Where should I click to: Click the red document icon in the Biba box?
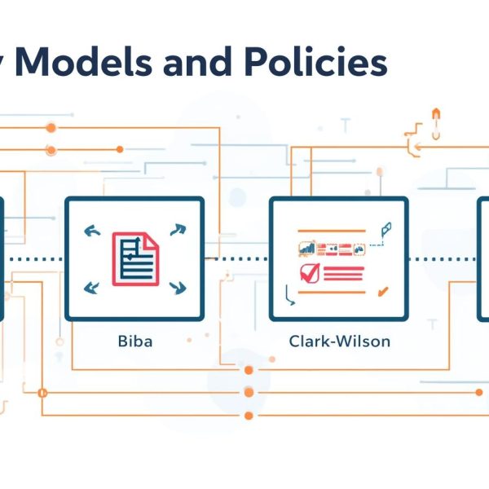(x=135, y=258)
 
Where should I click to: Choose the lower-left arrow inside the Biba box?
(x=92, y=286)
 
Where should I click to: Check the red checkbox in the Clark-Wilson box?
(x=309, y=272)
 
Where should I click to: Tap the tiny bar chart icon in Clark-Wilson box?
(x=307, y=247)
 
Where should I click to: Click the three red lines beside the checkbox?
(x=343, y=272)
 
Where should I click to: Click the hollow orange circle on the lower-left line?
(x=42, y=393)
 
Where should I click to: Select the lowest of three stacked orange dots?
(x=249, y=416)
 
